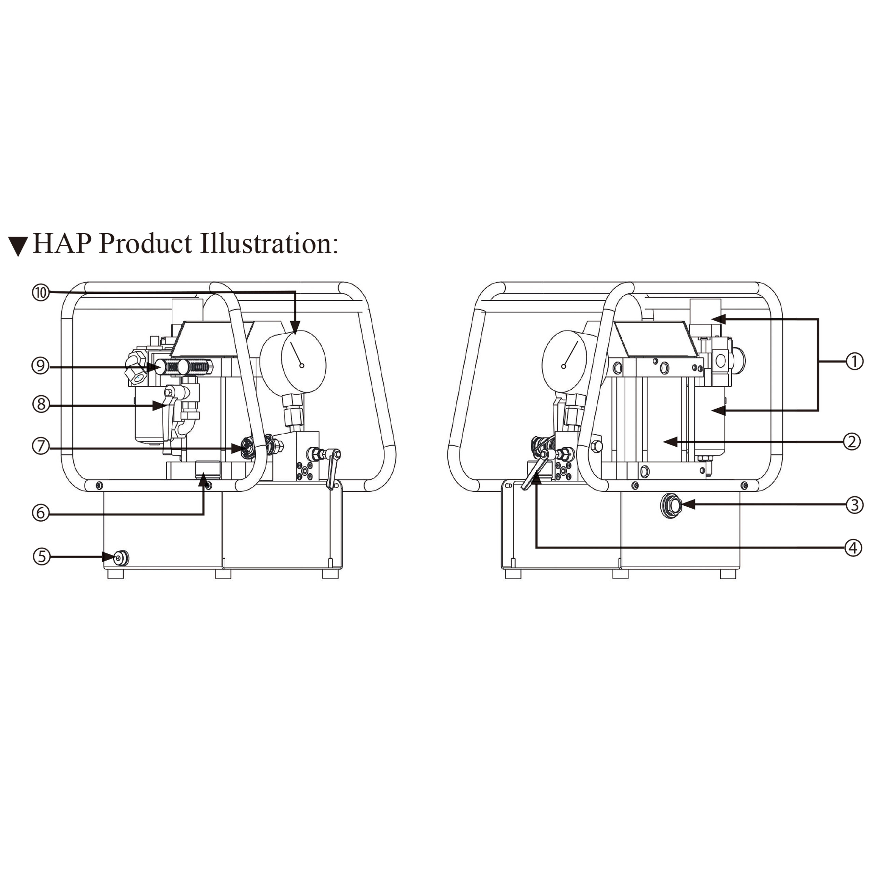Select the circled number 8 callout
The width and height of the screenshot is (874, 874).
[41, 404]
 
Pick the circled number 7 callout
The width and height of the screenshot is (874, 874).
[41, 447]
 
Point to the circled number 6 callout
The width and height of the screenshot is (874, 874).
[41, 513]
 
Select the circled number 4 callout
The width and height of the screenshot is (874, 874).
[853, 548]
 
